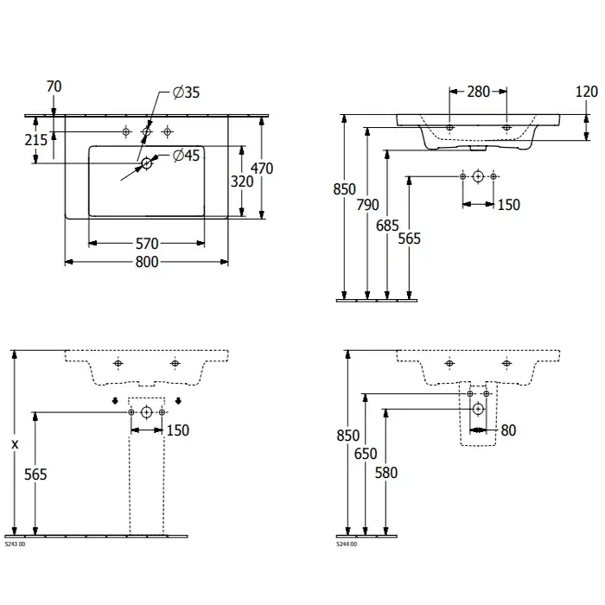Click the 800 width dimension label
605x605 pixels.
pos(147,263)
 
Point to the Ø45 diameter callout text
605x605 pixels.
pos(186,156)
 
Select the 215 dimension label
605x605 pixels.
pos(35,139)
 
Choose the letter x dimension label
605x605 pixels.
pos(15,444)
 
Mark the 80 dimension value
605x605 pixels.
pos(507,430)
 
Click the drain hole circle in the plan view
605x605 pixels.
pos(147,162)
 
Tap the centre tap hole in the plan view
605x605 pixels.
pos(147,131)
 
